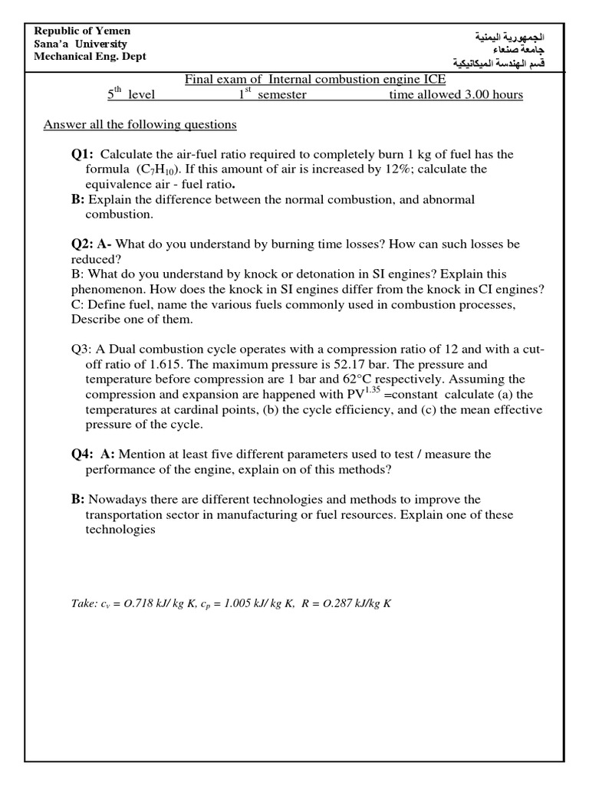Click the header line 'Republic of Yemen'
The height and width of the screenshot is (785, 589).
(83, 31)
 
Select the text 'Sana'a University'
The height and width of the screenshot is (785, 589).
(81, 44)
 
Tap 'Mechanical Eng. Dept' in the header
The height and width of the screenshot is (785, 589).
(90, 57)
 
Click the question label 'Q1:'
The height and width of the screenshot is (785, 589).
(82, 154)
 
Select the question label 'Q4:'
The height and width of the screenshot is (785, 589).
(82, 454)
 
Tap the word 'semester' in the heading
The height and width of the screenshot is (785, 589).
(281, 95)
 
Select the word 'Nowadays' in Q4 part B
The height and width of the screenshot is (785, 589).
(114, 499)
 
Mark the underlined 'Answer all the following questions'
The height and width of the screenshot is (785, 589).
(140, 124)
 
